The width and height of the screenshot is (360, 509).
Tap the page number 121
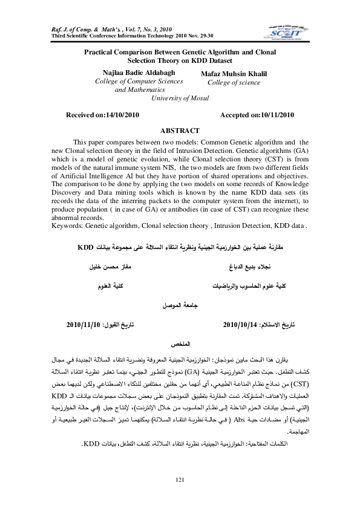coord(179,480)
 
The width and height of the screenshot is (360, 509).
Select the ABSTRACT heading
coord(179,131)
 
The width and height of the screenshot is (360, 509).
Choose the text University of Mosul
coord(179,97)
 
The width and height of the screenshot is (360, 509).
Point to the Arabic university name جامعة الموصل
coord(179,306)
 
